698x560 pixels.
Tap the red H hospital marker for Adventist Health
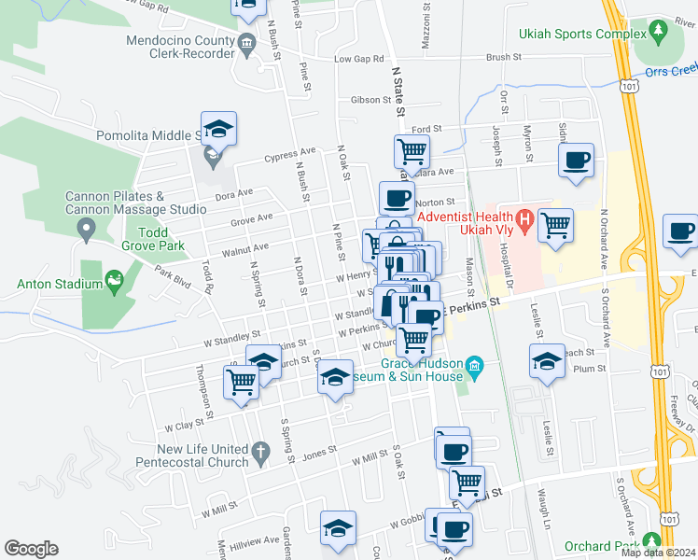[524, 222]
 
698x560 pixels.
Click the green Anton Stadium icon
[115, 278]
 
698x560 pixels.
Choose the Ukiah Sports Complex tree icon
[658, 32]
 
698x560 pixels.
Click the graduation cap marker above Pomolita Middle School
[218, 127]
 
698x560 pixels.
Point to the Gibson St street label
[363, 100]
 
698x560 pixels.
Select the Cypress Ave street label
[290, 153]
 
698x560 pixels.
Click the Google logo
[31, 549]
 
